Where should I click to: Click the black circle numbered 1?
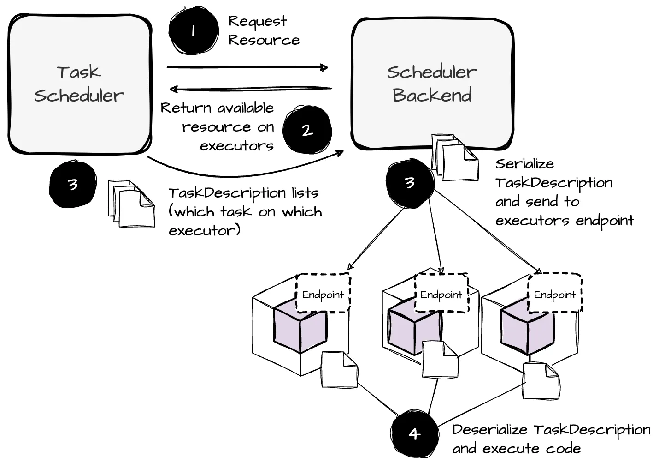tap(194, 30)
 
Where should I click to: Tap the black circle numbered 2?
tap(307, 130)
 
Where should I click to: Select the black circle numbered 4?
tap(414, 433)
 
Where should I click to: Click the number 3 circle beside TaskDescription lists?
tap(73, 184)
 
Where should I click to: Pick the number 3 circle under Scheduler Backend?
tap(410, 183)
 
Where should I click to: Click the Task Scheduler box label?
tap(79, 84)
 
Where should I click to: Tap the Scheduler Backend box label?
tap(432, 84)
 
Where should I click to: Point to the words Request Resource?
tap(264, 30)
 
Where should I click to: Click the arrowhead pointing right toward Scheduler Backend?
tap(324, 68)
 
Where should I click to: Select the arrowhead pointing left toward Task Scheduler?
tap(174, 89)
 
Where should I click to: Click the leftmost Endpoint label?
tap(323, 295)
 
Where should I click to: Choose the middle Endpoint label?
tap(441, 295)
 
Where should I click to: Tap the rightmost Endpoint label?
tap(554, 295)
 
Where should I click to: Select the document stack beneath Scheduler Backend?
tap(454, 158)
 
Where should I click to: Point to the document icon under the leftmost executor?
tap(340, 369)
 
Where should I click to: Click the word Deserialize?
tap(489, 430)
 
